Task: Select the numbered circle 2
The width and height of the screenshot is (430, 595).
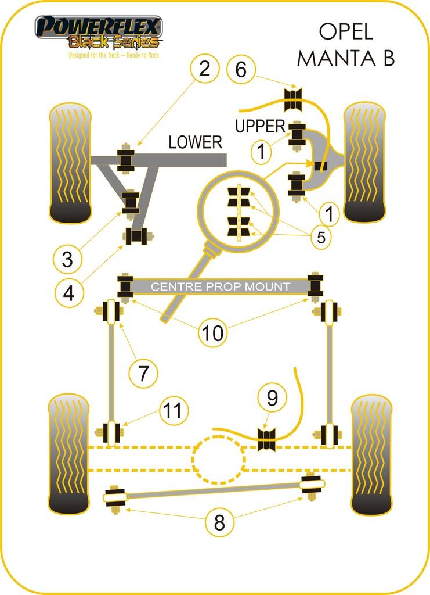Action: (204, 70)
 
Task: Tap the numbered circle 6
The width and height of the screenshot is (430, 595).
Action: (241, 70)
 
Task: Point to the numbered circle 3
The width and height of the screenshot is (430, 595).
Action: (67, 259)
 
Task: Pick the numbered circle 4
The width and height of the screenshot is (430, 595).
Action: (68, 293)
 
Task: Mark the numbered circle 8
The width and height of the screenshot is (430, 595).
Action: (219, 524)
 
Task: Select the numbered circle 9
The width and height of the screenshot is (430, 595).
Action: (273, 398)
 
